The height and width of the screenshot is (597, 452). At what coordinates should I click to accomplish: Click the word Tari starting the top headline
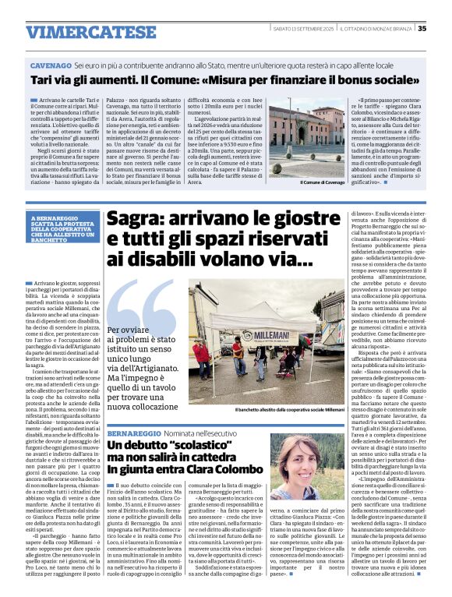(x=41, y=80)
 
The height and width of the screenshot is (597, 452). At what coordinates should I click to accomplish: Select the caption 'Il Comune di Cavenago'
(x=322, y=182)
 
